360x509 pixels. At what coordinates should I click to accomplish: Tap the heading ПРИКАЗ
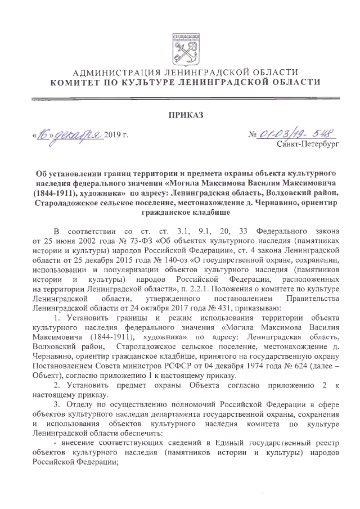click(179, 116)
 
